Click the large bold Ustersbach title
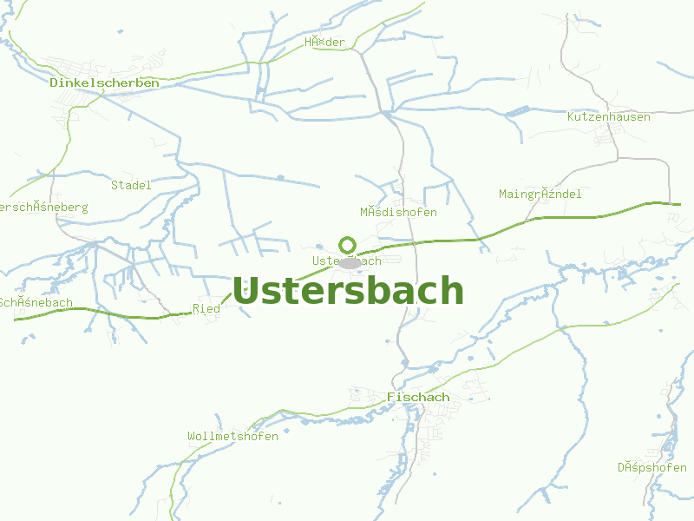point(348,291)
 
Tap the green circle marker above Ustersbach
point(348,245)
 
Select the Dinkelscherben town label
point(104,82)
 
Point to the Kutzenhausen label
point(608,116)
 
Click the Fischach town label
point(418,397)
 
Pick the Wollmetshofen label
point(232,436)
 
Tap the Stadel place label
point(131,185)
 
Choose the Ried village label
point(206,308)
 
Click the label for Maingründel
point(540,194)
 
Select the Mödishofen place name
point(398,212)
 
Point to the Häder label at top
point(324,43)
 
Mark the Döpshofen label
point(652,467)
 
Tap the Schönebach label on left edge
point(35,302)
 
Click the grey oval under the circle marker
point(350,262)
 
